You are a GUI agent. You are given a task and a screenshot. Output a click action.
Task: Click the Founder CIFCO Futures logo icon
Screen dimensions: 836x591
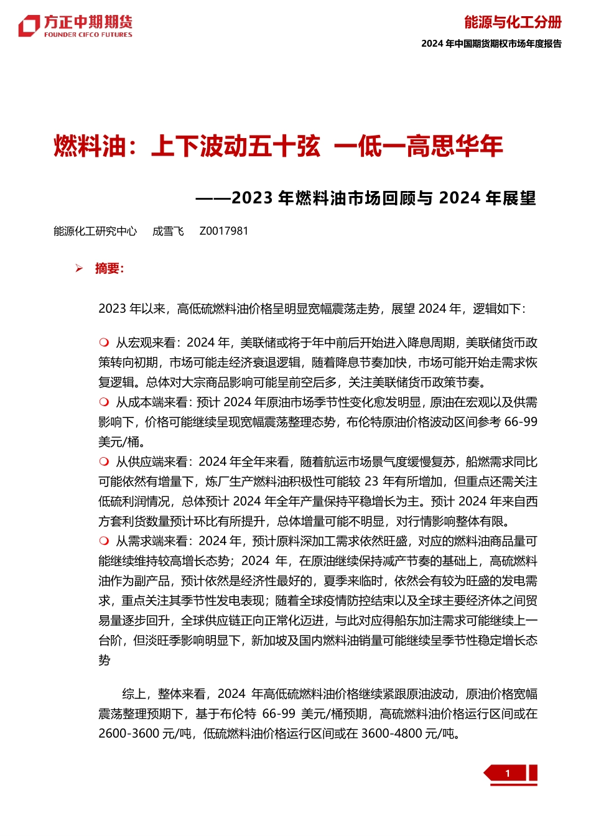tap(29, 26)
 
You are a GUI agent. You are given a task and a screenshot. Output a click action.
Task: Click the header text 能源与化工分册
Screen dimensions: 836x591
tap(513, 22)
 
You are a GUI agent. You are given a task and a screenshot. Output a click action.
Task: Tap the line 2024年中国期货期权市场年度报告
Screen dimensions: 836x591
tap(491, 44)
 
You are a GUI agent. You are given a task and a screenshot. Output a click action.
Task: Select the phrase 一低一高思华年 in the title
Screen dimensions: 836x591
tap(418, 146)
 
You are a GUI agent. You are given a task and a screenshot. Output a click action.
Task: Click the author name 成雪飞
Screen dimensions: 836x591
tap(168, 231)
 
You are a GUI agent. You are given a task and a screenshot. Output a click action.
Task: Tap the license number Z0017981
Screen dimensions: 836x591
tap(223, 231)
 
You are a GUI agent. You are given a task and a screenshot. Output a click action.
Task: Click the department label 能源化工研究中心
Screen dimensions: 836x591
tap(95, 231)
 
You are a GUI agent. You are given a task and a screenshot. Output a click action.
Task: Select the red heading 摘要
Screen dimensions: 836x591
tap(108, 269)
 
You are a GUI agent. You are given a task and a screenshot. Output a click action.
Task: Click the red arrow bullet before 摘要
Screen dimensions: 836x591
tap(79, 269)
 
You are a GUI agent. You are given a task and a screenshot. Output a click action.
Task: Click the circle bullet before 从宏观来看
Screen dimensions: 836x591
tap(104, 342)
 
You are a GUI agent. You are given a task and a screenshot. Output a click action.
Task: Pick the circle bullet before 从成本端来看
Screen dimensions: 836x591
tap(104, 402)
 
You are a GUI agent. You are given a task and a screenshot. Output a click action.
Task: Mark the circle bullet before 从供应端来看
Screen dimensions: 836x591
tap(104, 462)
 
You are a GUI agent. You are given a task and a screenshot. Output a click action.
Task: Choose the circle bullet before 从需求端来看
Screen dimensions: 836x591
tap(104, 541)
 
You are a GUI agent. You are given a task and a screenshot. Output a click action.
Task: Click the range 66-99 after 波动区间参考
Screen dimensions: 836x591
tap(520, 422)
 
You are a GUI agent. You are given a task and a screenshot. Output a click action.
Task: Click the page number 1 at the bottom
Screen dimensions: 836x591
tap(508, 773)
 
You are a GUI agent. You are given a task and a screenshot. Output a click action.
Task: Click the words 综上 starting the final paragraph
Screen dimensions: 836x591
tap(134, 694)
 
